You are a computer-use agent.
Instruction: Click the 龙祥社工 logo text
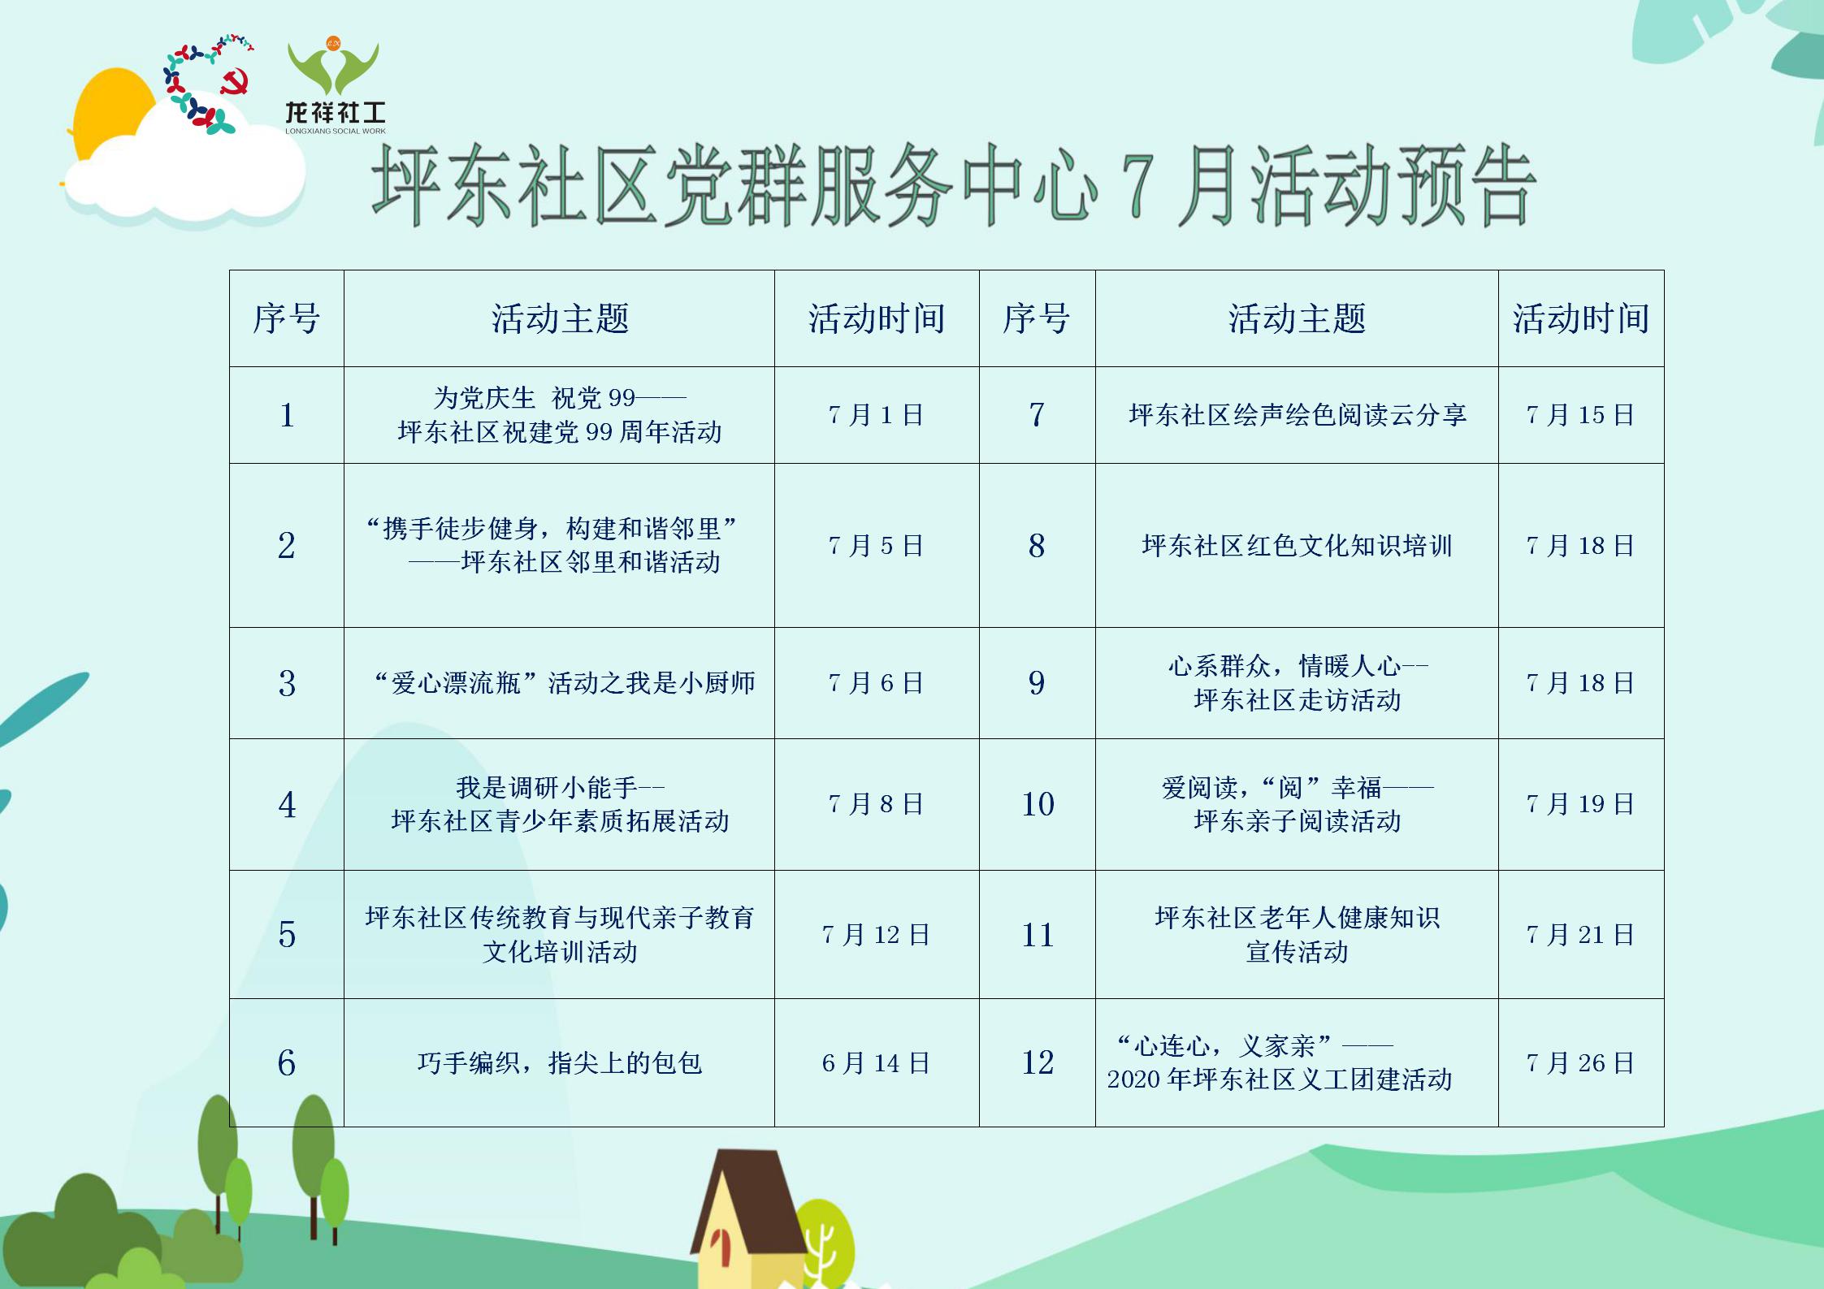tap(336, 112)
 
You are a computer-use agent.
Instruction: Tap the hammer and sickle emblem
tap(235, 82)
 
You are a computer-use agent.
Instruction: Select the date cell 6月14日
tap(876, 1062)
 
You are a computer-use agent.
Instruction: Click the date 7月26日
tap(1580, 1062)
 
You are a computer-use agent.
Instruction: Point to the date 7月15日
tap(1580, 415)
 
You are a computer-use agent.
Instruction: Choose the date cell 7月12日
tap(876, 934)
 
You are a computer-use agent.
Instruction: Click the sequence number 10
tap(1038, 804)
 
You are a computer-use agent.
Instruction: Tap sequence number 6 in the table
tap(287, 1062)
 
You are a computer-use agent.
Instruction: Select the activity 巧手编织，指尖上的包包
tap(560, 1062)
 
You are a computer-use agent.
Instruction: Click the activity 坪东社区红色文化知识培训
tap(1297, 545)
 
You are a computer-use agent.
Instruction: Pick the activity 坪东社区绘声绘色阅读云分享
tap(1298, 415)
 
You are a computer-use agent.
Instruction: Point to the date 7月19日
tap(1580, 804)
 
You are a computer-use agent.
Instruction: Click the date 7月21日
tap(1580, 934)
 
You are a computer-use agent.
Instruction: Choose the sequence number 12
tap(1038, 1062)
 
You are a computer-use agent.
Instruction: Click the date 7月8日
tap(876, 804)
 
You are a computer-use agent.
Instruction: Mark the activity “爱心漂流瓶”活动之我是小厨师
tap(565, 682)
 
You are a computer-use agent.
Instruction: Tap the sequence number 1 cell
tap(287, 415)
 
